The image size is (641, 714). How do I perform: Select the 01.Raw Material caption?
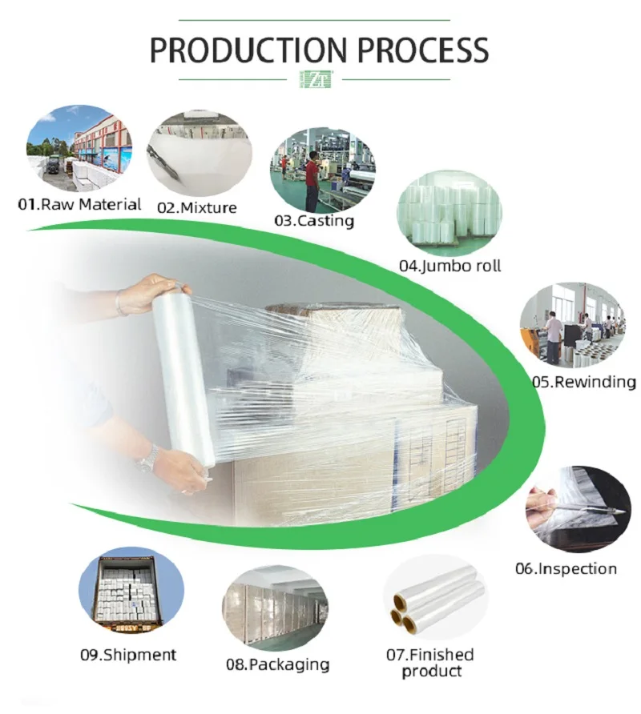click(x=79, y=204)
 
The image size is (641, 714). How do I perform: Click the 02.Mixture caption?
click(x=196, y=207)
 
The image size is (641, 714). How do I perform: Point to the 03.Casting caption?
click(x=313, y=220)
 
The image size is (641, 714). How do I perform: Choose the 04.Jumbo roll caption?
click(x=450, y=266)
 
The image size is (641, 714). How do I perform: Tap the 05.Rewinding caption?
click(x=583, y=382)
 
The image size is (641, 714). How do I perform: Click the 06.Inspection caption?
click(x=566, y=569)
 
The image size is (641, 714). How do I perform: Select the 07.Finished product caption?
click(x=437, y=663)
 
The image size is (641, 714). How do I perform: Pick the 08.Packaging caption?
click(x=277, y=664)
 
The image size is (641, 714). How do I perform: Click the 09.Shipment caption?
click(x=128, y=655)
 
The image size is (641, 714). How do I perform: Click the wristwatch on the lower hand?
click(x=148, y=458)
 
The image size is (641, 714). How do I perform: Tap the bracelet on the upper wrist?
click(x=121, y=302)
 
